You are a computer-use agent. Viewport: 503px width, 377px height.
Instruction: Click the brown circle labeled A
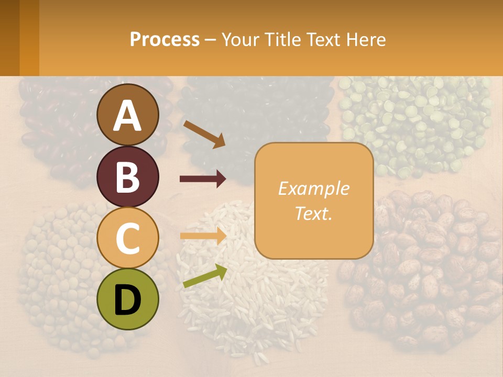point(128,115)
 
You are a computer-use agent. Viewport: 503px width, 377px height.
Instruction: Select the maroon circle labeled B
point(128,176)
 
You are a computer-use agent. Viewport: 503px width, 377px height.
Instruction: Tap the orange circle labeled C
point(128,238)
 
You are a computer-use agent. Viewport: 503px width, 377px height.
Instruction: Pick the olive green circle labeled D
point(128,299)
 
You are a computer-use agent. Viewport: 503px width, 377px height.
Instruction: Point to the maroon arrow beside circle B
point(203,179)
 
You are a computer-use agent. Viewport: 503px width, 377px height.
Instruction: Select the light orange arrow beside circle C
point(203,236)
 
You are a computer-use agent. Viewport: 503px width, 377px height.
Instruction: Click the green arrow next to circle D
point(205,276)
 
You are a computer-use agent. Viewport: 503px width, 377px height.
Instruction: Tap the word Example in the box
point(313,188)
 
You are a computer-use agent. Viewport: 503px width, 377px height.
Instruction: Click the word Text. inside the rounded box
point(313,213)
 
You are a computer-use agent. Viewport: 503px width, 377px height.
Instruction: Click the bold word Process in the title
point(165,39)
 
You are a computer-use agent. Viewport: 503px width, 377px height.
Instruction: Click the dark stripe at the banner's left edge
point(9,38)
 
